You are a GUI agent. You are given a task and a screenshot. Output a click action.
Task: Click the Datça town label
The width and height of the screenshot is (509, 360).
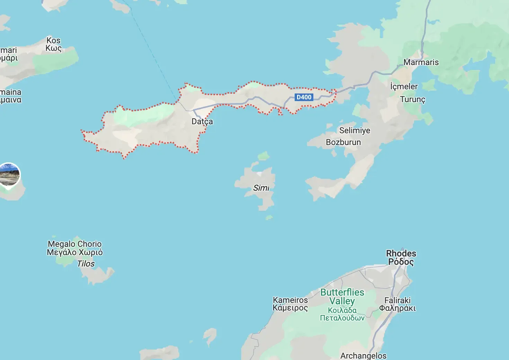click(x=202, y=121)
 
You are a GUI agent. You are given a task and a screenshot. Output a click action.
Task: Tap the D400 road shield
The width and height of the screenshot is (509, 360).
click(x=304, y=97)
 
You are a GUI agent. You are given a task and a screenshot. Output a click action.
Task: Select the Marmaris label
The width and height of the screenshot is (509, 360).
click(x=421, y=62)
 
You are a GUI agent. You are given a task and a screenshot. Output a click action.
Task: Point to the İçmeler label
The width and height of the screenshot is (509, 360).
click(x=404, y=86)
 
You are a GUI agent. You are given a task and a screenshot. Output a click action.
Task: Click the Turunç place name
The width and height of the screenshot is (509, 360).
click(x=412, y=99)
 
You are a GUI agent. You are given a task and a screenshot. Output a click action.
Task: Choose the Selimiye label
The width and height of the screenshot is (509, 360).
click(x=355, y=130)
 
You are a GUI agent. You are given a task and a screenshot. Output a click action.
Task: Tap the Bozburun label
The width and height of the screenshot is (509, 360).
click(x=343, y=142)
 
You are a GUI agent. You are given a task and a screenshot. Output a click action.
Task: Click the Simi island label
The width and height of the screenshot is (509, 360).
click(x=261, y=188)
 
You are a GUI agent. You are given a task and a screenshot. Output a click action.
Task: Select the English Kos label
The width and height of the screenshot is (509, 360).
click(x=53, y=40)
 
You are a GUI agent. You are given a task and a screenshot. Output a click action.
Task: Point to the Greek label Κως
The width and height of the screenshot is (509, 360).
click(x=53, y=48)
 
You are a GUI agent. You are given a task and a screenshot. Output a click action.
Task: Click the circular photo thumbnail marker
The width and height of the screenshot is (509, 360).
click(x=9, y=174)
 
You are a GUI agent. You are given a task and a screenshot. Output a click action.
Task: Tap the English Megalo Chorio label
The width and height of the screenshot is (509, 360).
click(x=75, y=244)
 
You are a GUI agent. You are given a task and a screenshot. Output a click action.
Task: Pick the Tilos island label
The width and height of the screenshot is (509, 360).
click(x=86, y=264)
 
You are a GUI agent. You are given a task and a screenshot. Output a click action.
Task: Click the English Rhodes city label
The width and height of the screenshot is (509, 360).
click(x=401, y=253)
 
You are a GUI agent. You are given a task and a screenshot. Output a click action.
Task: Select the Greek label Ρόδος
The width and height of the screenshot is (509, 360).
click(x=401, y=262)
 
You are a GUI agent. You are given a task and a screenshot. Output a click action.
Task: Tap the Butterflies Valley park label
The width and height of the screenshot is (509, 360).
click(x=342, y=297)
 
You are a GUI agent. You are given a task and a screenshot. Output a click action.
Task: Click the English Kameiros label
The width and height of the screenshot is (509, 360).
click(x=290, y=300)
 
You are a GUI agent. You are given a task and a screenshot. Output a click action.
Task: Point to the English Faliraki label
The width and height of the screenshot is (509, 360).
click(x=398, y=300)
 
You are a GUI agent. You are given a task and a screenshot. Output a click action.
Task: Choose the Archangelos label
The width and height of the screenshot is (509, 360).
click(x=363, y=355)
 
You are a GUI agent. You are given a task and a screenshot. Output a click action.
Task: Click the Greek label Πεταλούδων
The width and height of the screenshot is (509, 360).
click(x=342, y=318)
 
